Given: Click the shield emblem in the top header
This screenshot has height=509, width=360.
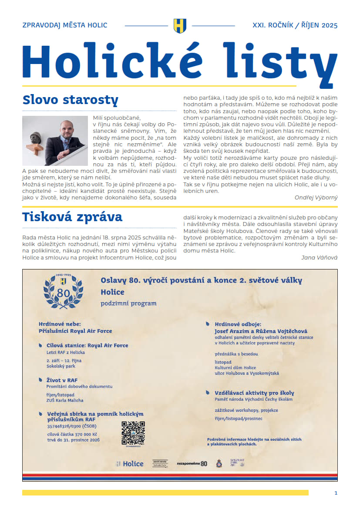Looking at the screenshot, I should (x=180, y=25).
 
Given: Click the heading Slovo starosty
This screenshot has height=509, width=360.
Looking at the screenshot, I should (x=70, y=100).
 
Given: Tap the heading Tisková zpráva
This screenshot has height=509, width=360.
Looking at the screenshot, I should (x=72, y=216).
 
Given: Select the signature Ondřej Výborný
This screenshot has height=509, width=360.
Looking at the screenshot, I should (x=316, y=197).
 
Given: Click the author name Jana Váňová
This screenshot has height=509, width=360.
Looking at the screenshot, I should (x=319, y=257).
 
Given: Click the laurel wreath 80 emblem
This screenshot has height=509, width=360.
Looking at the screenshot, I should (x=63, y=291).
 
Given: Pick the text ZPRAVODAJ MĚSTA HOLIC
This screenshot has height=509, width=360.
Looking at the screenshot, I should (x=64, y=25).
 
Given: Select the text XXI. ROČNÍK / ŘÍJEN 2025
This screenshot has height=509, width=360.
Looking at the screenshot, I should (x=295, y=25).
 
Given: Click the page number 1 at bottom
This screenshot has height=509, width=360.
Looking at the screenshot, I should (x=336, y=492).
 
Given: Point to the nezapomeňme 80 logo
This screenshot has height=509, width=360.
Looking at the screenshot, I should (x=192, y=464).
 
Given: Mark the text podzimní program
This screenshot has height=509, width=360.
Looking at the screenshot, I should (x=128, y=303).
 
